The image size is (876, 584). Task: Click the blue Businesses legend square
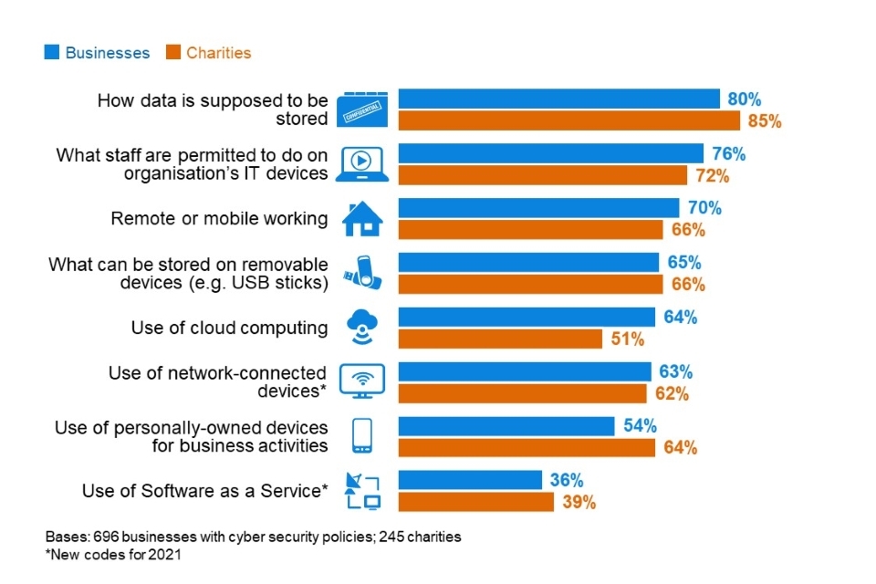point(53,53)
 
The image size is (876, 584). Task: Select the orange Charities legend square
point(173,53)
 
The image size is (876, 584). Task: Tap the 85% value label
point(764,120)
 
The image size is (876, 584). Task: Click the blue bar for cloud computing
point(527,318)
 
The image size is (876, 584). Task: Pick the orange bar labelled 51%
point(500,339)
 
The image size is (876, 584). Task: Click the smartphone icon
point(362,436)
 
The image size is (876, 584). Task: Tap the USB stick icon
point(362,273)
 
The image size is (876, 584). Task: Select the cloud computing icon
point(362,328)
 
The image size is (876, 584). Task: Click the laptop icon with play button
point(362,163)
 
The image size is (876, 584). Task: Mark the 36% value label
point(566,480)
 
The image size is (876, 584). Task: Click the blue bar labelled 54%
point(506,426)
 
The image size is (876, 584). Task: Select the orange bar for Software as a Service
point(475,502)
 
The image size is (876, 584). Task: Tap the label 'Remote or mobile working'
point(219,219)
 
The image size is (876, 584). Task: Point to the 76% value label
point(727,153)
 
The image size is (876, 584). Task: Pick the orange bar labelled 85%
point(568,120)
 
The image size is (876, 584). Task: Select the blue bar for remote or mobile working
point(538,208)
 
